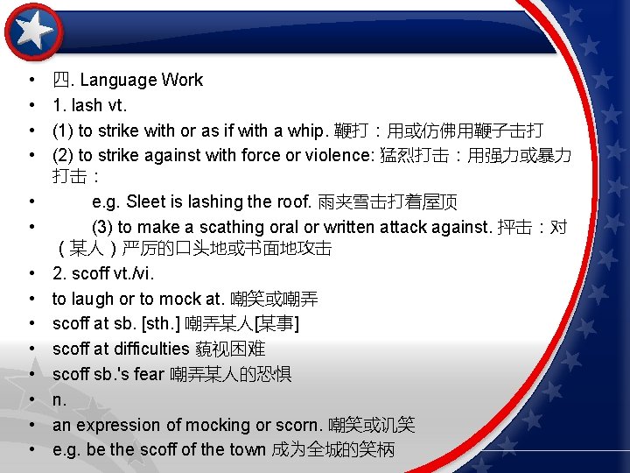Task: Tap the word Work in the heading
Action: point(182,81)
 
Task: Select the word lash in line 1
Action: point(87,106)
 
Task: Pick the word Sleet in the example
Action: point(146,201)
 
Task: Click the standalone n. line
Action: point(59,400)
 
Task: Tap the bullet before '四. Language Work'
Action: point(31,81)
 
